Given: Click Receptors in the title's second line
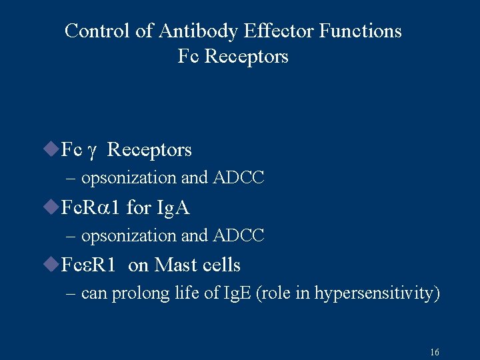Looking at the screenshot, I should [247, 56].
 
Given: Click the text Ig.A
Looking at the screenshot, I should [172, 208].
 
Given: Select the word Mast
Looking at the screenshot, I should [175, 265].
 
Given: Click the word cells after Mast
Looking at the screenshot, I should [220, 265].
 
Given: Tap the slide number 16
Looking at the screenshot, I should [435, 352].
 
